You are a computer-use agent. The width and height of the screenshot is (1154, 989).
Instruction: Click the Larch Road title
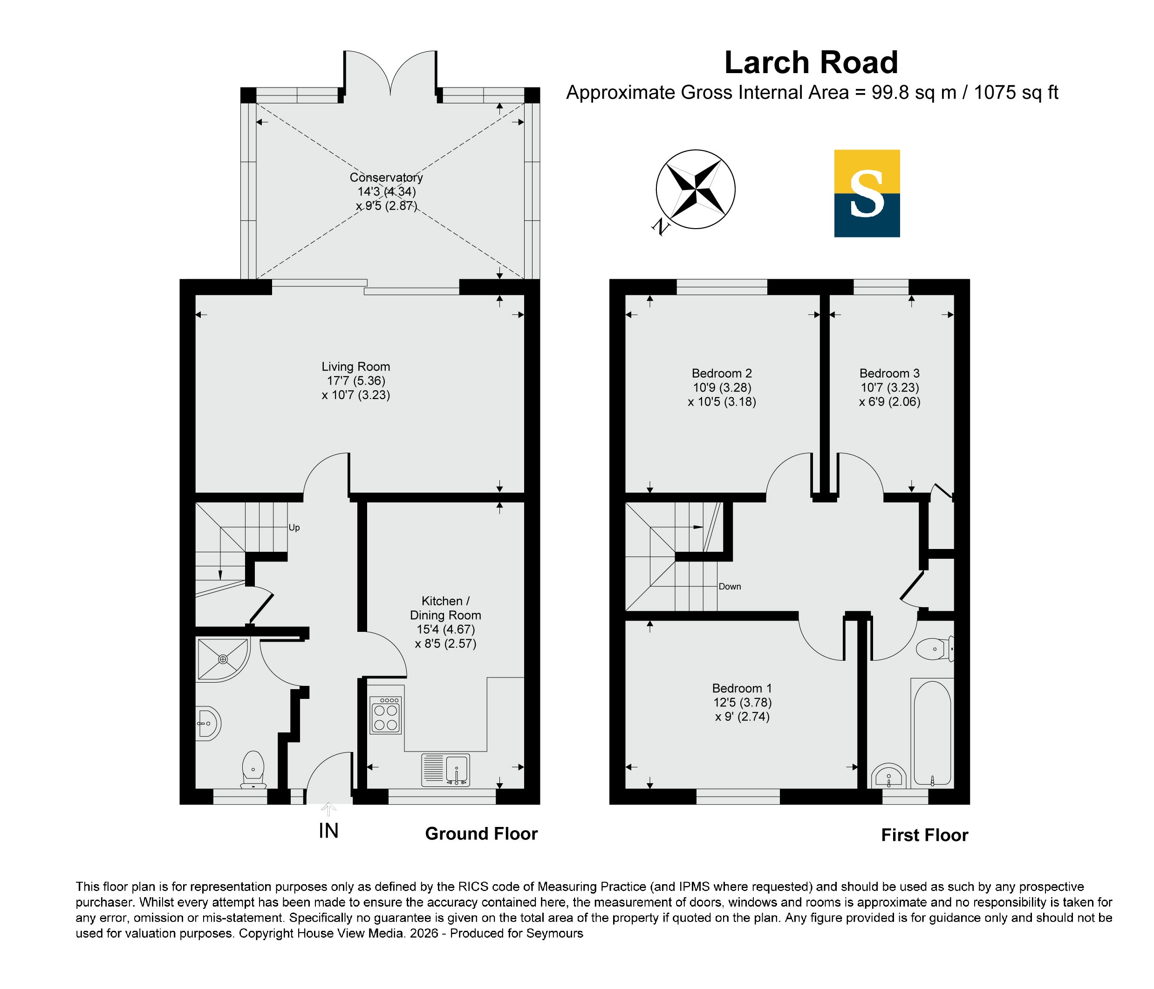[812, 62]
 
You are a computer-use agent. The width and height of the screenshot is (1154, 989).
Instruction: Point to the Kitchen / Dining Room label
[445, 608]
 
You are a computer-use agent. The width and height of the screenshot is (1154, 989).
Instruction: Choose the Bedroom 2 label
[722, 373]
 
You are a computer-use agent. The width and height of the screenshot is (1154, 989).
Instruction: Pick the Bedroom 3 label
[889, 373]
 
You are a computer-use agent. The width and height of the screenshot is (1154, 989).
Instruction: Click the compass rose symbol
[696, 189]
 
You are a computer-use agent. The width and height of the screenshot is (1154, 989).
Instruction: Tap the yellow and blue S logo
[867, 193]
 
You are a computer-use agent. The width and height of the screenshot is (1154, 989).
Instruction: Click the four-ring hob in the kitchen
[386, 715]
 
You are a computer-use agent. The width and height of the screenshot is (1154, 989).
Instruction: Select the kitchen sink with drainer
[445, 770]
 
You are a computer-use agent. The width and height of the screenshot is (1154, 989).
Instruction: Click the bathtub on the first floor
[932, 732]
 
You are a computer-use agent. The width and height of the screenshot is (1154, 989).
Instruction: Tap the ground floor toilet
[253, 770]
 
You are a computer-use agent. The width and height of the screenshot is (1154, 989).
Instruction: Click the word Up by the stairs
[294, 528]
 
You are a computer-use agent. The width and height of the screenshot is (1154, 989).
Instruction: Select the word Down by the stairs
[730, 587]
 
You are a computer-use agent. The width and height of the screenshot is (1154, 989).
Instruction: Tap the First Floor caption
[924, 835]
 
